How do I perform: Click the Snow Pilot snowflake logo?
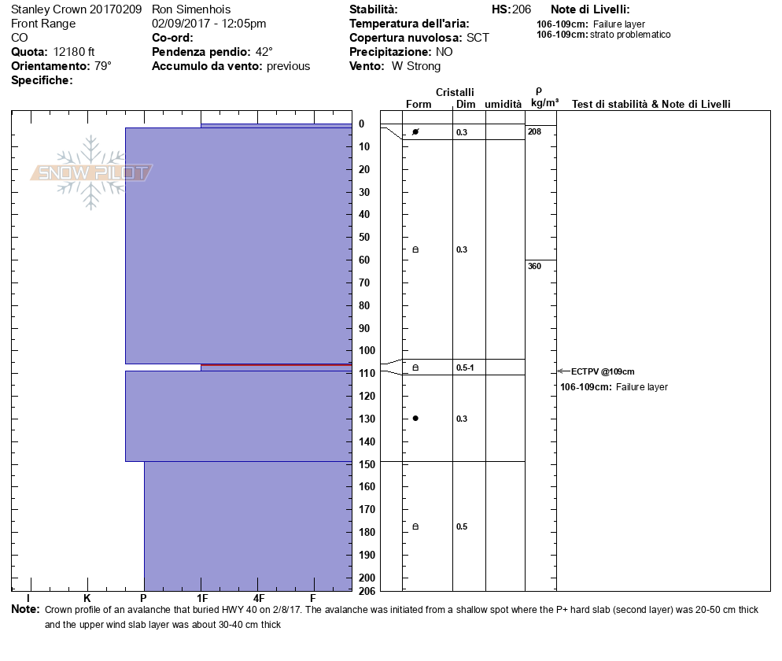click(92, 172)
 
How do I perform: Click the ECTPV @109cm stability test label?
click(603, 371)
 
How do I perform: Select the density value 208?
click(535, 131)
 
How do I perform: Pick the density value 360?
click(535, 266)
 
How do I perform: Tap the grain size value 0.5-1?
click(465, 367)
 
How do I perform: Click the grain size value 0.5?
click(462, 526)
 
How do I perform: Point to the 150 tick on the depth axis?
click(367, 463)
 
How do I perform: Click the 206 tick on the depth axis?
click(367, 589)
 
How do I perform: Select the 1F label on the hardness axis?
click(202, 599)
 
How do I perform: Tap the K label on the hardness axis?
click(87, 599)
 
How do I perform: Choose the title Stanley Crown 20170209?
click(76, 9)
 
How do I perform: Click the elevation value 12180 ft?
click(74, 52)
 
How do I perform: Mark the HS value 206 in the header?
click(522, 9)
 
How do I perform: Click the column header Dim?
click(466, 104)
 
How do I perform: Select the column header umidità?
click(504, 104)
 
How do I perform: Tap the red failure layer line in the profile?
click(276, 365)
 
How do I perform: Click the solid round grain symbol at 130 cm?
click(415, 418)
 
